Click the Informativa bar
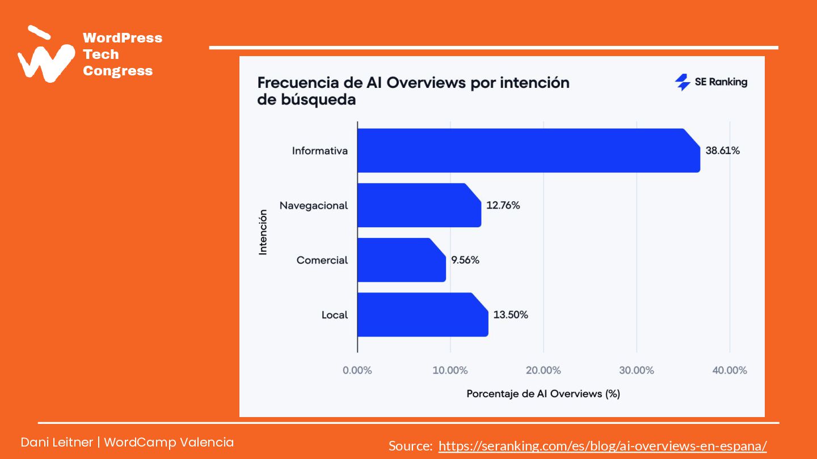[528, 150]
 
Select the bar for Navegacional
[419, 205]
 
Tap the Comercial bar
[401, 260]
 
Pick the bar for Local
[422, 314]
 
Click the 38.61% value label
[722, 151]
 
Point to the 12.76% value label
[503, 205]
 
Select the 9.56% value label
[465, 260]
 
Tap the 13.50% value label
[511, 314]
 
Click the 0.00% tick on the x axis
[357, 371]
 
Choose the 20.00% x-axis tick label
[543, 371]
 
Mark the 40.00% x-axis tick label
[730, 371]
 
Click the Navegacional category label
[314, 205]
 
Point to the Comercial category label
[322, 260]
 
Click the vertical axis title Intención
[263, 232]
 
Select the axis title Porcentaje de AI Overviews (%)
[543, 393]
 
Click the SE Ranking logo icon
[682, 82]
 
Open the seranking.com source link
[603, 446]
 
